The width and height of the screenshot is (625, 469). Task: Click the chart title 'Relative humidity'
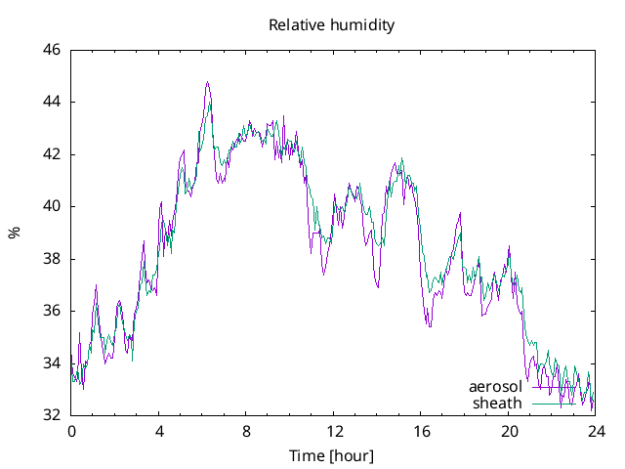pyautogui.click(x=332, y=25)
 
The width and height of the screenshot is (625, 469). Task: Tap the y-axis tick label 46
pyautogui.click(x=52, y=50)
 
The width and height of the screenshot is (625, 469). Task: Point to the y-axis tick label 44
pyautogui.click(x=52, y=102)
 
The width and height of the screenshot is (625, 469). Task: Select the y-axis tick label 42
pyautogui.click(x=52, y=154)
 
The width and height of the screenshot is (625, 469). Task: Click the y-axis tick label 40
pyautogui.click(x=52, y=206)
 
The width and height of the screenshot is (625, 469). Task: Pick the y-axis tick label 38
pyautogui.click(x=52, y=259)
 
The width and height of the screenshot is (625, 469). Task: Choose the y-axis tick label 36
pyautogui.click(x=52, y=311)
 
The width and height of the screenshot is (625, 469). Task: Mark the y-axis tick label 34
pyautogui.click(x=52, y=363)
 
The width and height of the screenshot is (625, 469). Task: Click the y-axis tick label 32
pyautogui.click(x=52, y=415)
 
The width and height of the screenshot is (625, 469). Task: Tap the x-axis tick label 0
pyautogui.click(x=71, y=432)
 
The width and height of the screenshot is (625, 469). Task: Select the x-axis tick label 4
pyautogui.click(x=159, y=432)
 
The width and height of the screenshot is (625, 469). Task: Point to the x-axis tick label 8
pyautogui.click(x=247, y=432)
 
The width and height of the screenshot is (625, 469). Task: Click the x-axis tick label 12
pyautogui.click(x=334, y=432)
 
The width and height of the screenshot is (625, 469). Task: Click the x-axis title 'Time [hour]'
pyautogui.click(x=332, y=456)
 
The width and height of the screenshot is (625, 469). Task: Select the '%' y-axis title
pyautogui.click(x=15, y=233)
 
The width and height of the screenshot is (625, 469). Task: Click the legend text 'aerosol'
pyautogui.click(x=496, y=387)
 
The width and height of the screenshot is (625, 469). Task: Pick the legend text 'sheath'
pyautogui.click(x=498, y=403)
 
